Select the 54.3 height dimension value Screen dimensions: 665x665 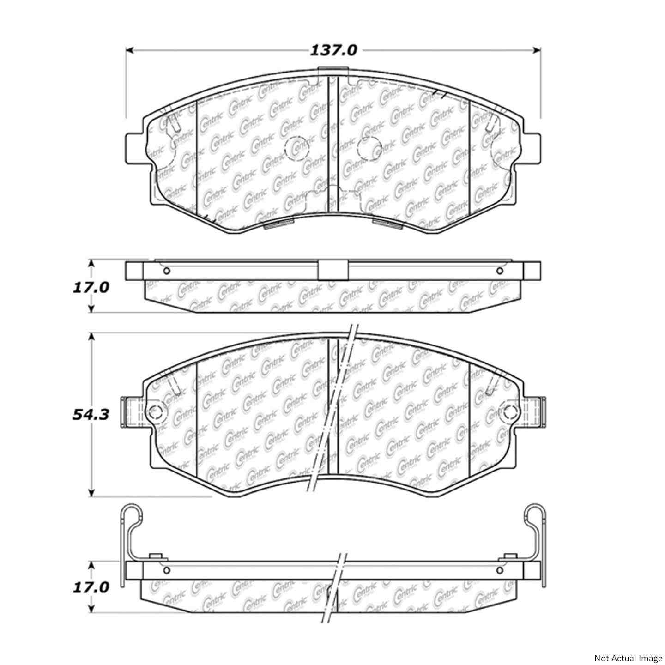pyautogui.click(x=91, y=415)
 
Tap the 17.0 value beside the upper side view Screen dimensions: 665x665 pyautogui.click(x=91, y=287)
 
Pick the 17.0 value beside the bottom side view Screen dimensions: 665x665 pyautogui.click(x=91, y=587)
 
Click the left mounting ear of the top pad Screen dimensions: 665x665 pyautogui.click(x=136, y=148)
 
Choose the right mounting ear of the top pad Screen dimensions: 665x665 pyautogui.click(x=531, y=148)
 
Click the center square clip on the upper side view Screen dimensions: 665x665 pyautogui.click(x=332, y=270)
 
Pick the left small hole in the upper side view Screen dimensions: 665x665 pyautogui.click(x=167, y=271)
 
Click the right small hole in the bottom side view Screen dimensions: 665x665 pyautogui.click(x=499, y=570)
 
